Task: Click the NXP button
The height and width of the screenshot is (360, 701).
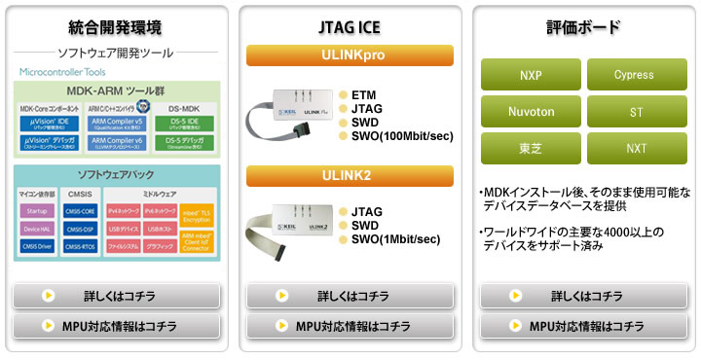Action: [x=531, y=75]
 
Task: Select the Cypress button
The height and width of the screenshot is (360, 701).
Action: [x=634, y=75]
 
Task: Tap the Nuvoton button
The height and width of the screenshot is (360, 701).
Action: [x=531, y=112]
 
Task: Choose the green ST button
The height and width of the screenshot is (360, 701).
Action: [x=634, y=112]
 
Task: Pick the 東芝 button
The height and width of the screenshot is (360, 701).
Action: [x=531, y=148]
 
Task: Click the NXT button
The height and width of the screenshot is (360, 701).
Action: [x=634, y=148]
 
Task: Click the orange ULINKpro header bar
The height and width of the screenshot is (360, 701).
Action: [x=350, y=55]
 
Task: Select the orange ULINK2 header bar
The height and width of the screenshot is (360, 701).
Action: [x=350, y=176]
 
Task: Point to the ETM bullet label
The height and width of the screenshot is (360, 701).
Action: [x=363, y=94]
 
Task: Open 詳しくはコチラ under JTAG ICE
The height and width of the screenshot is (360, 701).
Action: [x=350, y=296]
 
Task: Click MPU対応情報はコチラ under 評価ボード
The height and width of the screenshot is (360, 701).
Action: [x=584, y=326]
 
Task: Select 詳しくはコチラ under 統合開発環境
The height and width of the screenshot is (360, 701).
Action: [x=117, y=296]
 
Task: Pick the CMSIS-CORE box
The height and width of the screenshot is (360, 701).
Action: [x=80, y=211]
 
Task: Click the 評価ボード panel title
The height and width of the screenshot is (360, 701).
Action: [x=585, y=26]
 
